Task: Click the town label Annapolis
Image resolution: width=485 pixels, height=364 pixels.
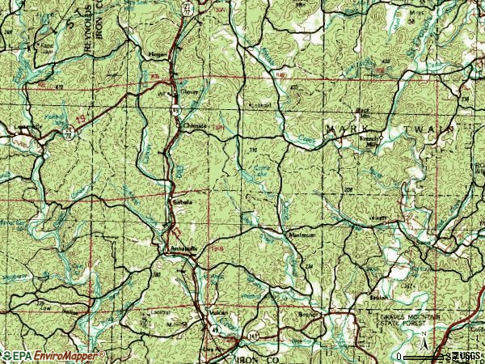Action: [x=182, y=249]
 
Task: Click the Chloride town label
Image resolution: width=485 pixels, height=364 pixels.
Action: [x=195, y=126]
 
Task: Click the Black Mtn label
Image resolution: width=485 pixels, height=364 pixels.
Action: [x=365, y=108]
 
